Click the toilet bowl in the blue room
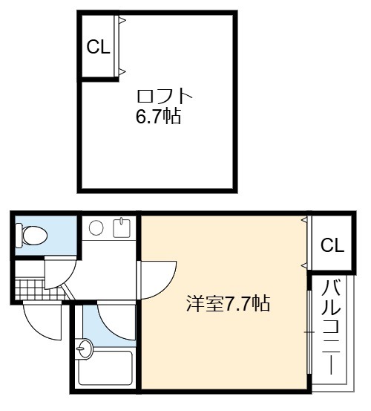35,235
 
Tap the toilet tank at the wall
19,235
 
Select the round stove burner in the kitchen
96,227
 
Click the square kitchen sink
122,228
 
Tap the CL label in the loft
98,47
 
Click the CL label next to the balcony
332,245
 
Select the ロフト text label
165,96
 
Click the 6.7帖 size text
158,116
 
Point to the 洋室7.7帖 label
227,303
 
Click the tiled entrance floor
41,290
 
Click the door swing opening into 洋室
168,285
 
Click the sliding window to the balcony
309,332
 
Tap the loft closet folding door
118,45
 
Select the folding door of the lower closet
307,243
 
